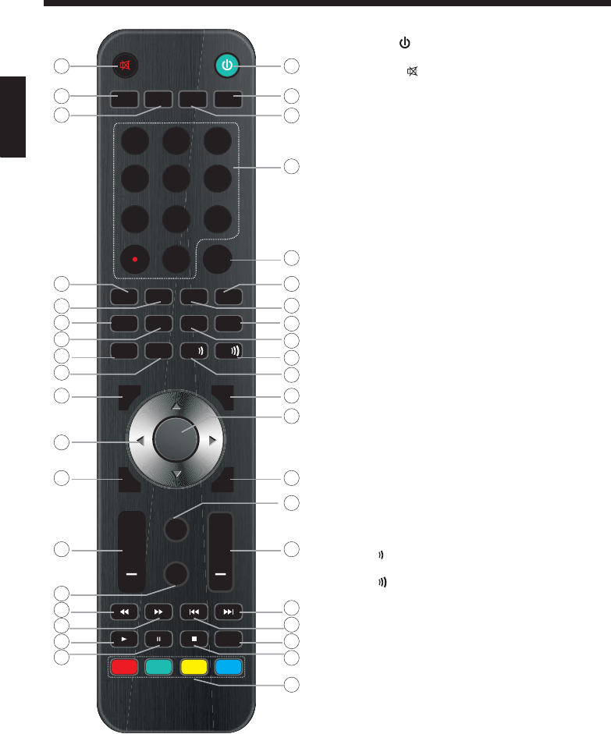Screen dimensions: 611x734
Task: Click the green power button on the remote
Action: click(226, 65)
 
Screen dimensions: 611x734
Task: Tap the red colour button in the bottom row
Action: click(123, 667)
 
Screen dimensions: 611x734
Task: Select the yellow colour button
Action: click(193, 667)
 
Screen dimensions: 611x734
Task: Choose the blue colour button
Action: click(228, 667)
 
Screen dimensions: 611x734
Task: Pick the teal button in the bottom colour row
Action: click(158, 667)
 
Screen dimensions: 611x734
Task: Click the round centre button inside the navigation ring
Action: click(176, 439)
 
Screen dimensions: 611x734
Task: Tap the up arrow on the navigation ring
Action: click(176, 407)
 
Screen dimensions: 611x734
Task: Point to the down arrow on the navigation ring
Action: click(176, 473)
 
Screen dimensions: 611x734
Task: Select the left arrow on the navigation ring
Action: click(140, 441)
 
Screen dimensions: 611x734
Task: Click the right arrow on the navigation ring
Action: click(211, 441)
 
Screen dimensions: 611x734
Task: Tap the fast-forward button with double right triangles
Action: click(158, 611)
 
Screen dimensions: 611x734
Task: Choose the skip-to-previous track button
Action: click(193, 611)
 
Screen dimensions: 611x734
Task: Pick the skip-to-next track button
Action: click(228, 611)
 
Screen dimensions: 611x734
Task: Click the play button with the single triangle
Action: click(123, 639)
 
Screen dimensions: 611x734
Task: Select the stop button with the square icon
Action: click(193, 639)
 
